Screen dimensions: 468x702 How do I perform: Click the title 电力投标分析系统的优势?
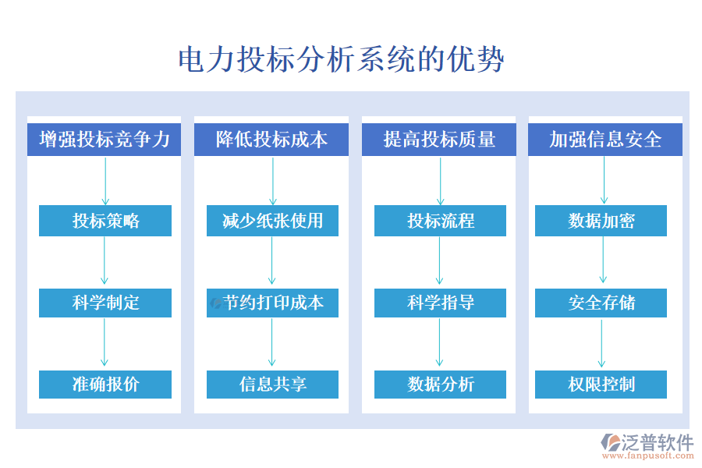(x=342, y=60)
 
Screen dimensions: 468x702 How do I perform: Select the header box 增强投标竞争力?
(x=105, y=140)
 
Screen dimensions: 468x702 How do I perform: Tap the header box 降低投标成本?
(x=272, y=140)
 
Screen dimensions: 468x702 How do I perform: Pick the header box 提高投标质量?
(x=439, y=140)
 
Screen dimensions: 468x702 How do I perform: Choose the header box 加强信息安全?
(x=605, y=140)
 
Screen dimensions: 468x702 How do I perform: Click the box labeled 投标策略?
(x=105, y=221)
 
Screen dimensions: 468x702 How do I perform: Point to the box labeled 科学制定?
(x=105, y=303)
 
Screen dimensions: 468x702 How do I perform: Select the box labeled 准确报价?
(x=105, y=385)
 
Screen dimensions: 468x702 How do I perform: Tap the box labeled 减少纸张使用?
(x=272, y=221)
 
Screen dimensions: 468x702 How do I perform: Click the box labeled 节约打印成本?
(x=272, y=303)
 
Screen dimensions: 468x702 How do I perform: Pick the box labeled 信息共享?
(x=272, y=385)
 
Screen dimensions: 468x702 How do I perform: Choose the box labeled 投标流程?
(x=440, y=221)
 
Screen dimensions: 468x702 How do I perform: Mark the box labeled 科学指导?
(x=440, y=303)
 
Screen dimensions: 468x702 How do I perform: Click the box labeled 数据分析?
(x=440, y=385)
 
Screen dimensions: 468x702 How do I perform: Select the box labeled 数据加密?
(x=601, y=221)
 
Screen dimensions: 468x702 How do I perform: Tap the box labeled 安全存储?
(x=601, y=303)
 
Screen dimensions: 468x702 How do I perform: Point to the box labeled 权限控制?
(x=601, y=385)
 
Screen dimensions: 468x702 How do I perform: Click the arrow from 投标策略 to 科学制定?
(x=105, y=261)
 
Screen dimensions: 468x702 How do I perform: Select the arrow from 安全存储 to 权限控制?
(x=601, y=343)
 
